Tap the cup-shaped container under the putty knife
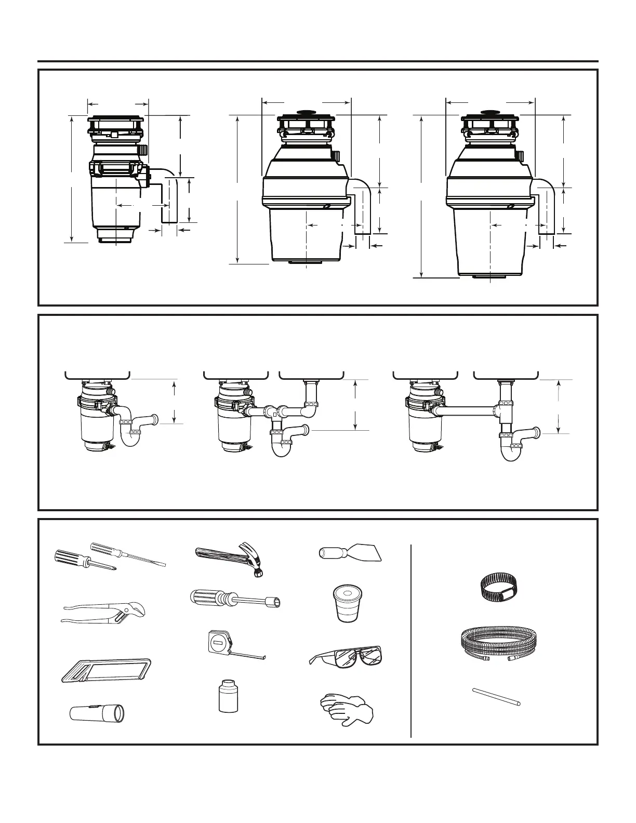(x=347, y=603)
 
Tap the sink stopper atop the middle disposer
(x=306, y=112)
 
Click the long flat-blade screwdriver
(x=127, y=554)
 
